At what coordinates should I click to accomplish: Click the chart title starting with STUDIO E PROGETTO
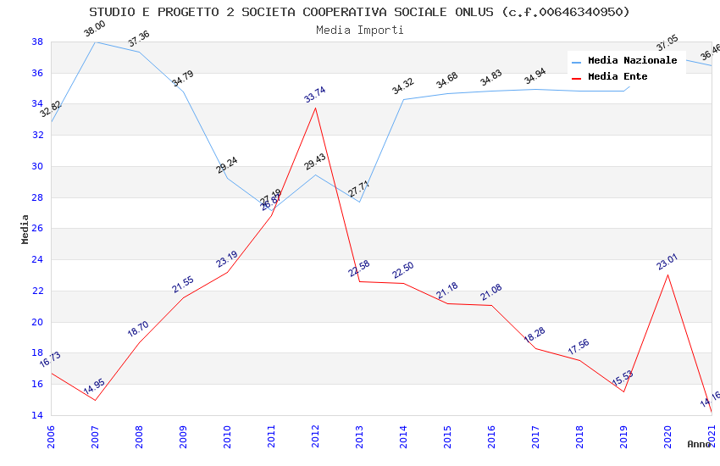coord(359,12)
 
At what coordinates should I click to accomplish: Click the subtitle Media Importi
coord(359,30)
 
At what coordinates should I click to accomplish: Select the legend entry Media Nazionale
coord(632,61)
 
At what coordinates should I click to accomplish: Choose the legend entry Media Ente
coord(618,77)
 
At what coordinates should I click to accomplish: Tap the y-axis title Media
coord(25,229)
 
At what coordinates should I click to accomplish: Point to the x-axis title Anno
coord(699,444)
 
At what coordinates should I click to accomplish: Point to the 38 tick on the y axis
coord(37,42)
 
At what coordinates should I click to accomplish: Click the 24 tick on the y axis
coord(37,260)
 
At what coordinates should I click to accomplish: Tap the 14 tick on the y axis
coord(37,416)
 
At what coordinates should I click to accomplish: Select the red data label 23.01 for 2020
coord(667,262)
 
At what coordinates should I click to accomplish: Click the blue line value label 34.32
coord(403,86)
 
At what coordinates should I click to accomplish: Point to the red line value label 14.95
coord(94,389)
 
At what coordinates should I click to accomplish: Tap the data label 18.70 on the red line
coord(138,330)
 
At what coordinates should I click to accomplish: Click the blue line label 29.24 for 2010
coord(226,165)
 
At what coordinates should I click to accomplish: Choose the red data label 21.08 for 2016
coord(491,292)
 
